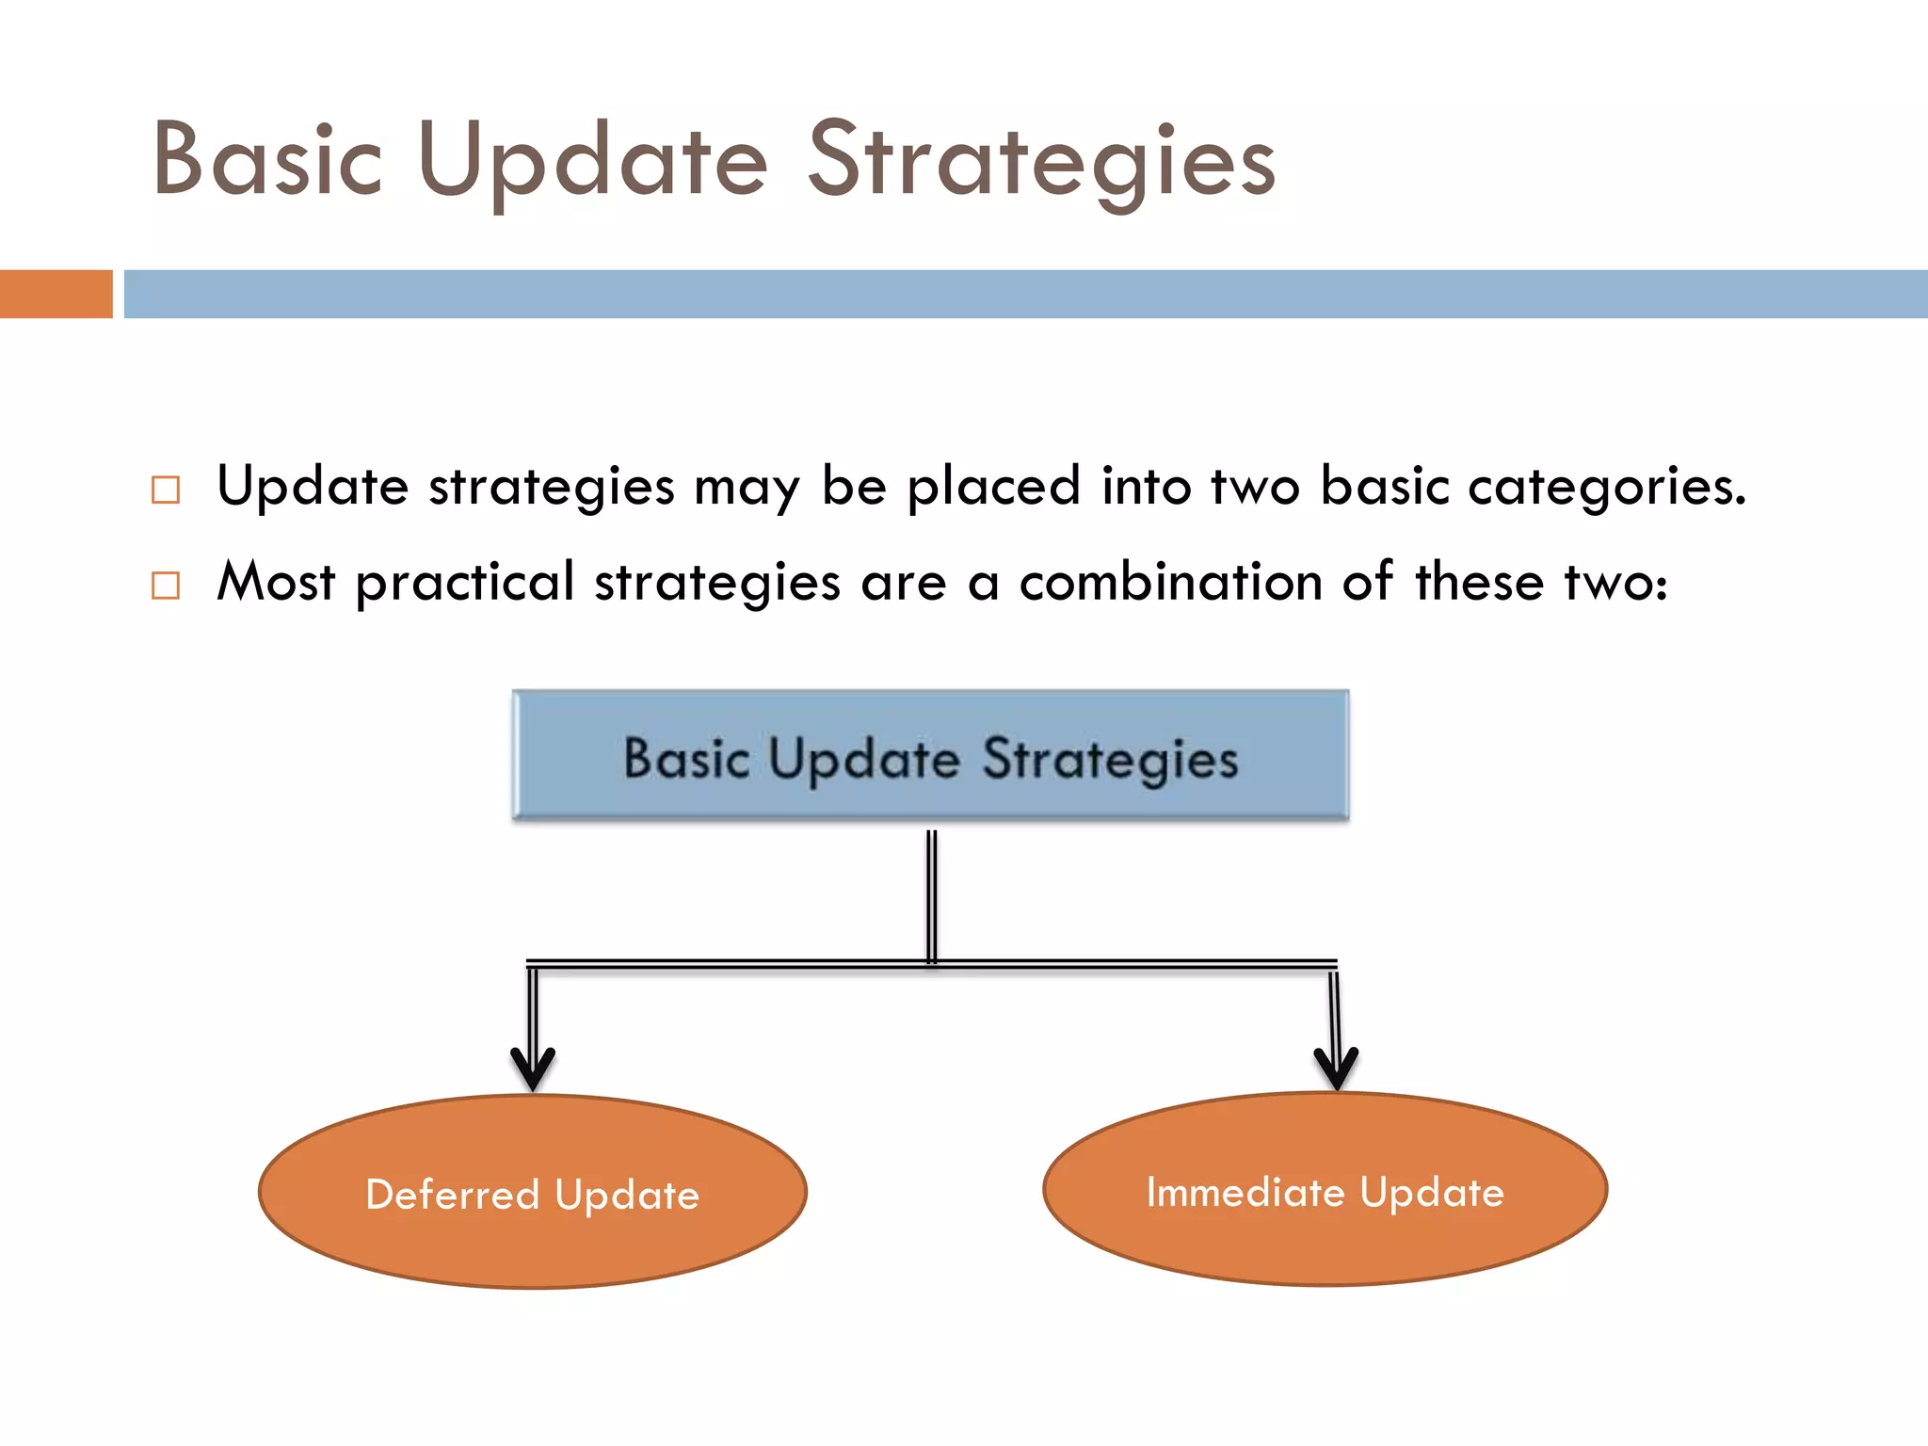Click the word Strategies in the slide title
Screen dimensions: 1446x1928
click(1041, 162)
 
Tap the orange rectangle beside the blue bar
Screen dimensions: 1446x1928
click(56, 294)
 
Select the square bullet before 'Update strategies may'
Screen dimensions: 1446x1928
click(166, 490)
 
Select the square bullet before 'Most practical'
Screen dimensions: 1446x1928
click(166, 586)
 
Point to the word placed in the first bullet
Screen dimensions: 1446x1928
click(993, 488)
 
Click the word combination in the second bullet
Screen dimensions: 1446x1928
click(1171, 582)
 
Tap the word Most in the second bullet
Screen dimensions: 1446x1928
click(275, 582)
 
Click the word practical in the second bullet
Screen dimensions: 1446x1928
click(465, 584)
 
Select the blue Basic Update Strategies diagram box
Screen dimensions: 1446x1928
click(930, 755)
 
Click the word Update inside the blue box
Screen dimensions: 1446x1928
click(863, 759)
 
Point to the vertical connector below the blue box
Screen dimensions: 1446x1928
click(931, 894)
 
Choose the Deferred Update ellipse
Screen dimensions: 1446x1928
click(533, 1243)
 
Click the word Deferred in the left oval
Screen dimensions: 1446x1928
click(452, 1195)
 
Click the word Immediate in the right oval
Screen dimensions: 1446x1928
click(1245, 1192)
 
